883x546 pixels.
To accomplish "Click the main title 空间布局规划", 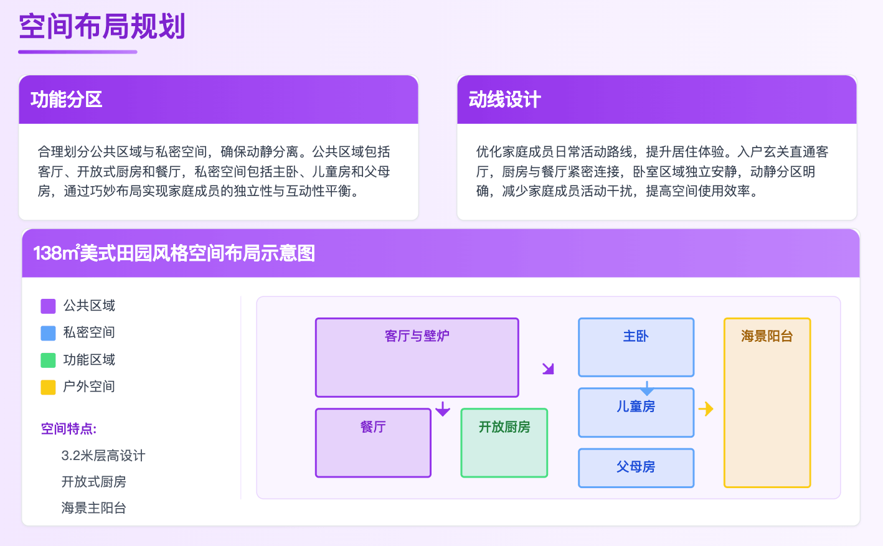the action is point(102,27).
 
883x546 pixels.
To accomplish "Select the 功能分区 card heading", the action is point(67,100).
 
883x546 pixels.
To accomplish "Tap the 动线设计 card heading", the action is point(504,100).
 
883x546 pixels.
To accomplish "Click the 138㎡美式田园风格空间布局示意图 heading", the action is point(174,253).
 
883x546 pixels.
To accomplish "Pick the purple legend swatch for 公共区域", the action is point(48,306).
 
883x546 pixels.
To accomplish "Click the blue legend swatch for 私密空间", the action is point(48,333).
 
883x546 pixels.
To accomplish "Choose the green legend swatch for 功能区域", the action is point(48,360).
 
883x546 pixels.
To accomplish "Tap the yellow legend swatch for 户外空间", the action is point(48,387).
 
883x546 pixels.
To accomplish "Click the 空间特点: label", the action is point(69,429).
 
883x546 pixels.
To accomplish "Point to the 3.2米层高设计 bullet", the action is point(103,456).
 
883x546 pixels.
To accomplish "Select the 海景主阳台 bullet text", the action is point(94,508).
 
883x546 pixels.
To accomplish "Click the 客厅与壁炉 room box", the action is point(417,357).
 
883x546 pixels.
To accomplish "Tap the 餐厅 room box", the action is point(373,443).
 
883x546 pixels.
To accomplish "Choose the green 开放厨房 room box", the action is point(504,443).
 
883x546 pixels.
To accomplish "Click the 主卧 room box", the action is point(636,347).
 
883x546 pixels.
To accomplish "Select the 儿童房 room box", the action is point(636,412).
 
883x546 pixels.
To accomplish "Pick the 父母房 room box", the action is point(636,468).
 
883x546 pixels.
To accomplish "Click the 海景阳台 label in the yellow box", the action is point(767,336).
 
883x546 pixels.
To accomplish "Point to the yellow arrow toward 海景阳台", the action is point(706,409).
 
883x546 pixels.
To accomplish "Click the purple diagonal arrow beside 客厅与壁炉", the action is point(548,369).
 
